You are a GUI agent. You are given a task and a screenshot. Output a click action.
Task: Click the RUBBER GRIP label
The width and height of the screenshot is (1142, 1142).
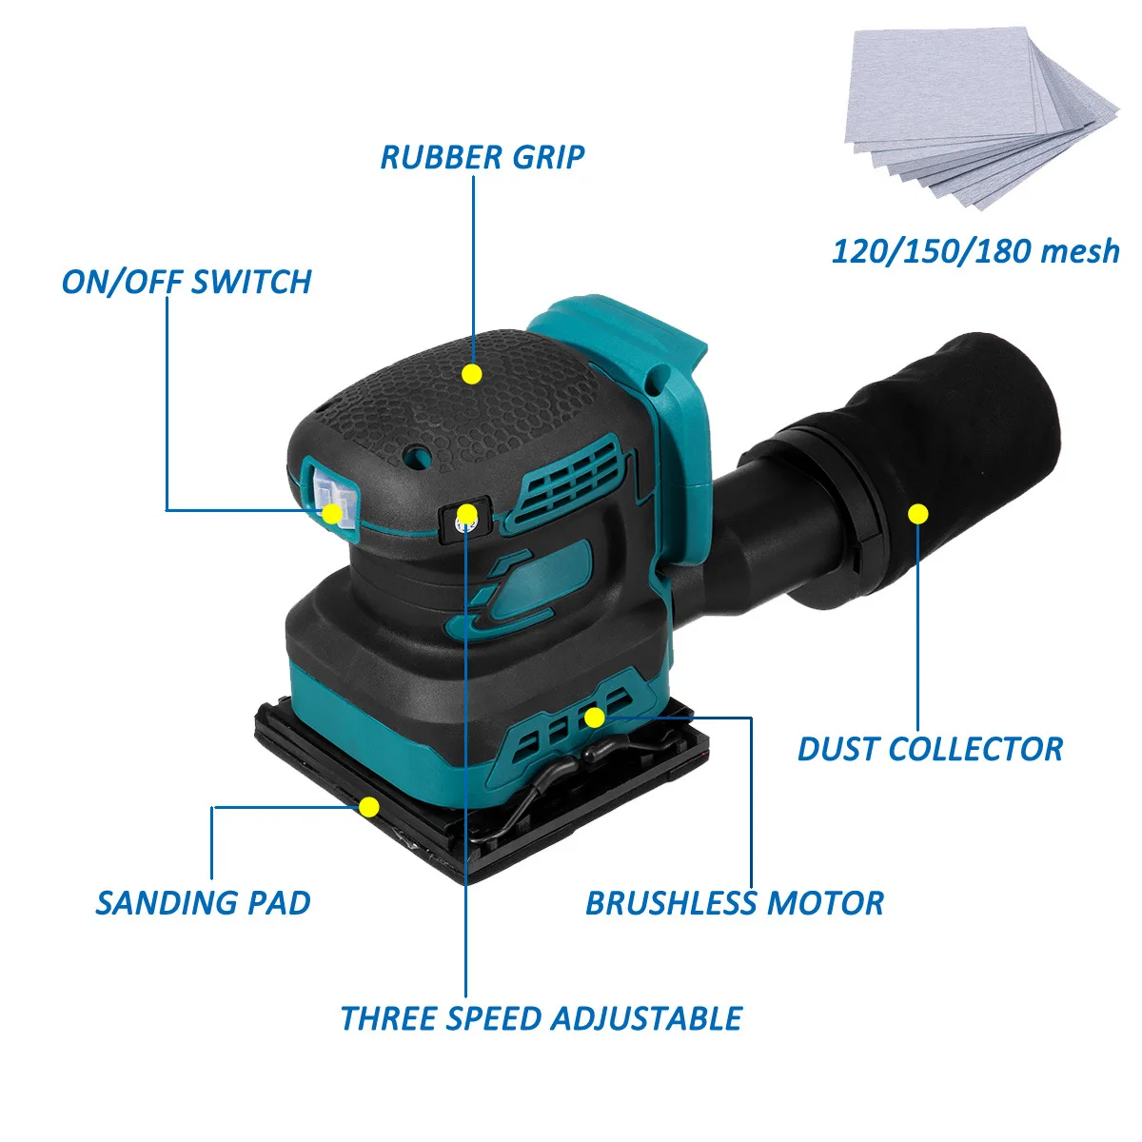(x=482, y=157)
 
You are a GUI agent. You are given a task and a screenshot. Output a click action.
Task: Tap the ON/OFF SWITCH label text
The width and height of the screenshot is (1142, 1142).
(x=187, y=282)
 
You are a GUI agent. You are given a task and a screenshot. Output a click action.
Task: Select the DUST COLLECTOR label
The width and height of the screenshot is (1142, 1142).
(x=930, y=749)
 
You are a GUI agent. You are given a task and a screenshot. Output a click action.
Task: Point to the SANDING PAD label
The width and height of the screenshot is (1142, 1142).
(x=203, y=902)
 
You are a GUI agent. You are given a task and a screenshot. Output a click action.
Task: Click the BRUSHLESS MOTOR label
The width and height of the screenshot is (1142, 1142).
(x=734, y=903)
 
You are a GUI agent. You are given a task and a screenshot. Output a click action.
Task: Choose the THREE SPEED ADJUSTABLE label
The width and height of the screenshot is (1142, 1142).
(x=541, y=1018)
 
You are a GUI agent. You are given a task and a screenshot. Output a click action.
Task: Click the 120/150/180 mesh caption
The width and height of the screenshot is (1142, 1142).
(x=975, y=251)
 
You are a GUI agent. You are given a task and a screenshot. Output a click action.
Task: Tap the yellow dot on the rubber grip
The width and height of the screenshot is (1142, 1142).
(x=471, y=374)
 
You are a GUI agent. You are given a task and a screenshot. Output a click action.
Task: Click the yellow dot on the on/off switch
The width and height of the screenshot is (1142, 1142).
(x=331, y=514)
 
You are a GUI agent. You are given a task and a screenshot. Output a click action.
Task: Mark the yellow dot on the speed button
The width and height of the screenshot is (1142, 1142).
(x=466, y=516)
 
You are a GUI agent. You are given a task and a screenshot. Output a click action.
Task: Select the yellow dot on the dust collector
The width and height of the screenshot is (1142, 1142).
(x=917, y=514)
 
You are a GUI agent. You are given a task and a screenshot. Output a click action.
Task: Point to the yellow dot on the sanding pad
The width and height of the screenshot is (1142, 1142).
(x=369, y=808)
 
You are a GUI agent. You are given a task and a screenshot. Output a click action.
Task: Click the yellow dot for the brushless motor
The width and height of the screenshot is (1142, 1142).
(x=594, y=718)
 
